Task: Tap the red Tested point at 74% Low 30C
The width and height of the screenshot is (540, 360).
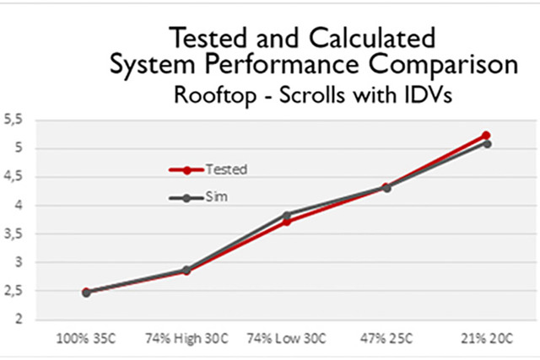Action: pos(287,222)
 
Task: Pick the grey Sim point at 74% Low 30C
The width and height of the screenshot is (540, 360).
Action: pos(287,215)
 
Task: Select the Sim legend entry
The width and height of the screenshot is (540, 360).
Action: pos(215,196)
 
